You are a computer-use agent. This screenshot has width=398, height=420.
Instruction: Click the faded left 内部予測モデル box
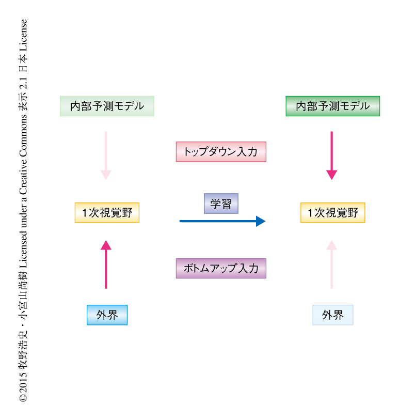click(107, 106)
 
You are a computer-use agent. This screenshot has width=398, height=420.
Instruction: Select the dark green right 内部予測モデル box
click(332, 106)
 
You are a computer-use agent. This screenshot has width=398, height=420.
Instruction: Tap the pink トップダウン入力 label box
click(220, 152)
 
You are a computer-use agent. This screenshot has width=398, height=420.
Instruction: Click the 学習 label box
click(220, 204)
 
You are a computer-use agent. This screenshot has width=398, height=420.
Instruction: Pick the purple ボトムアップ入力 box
click(220, 268)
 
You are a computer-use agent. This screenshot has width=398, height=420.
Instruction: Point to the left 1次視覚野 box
click(107, 212)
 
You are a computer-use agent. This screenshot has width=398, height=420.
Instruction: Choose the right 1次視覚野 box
click(332, 212)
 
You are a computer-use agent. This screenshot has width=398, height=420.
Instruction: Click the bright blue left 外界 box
click(107, 315)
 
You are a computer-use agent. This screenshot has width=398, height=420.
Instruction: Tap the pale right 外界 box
click(332, 315)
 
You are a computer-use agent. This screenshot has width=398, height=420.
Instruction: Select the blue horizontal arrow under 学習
click(222, 221)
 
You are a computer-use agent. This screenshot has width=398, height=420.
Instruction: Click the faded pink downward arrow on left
click(106, 155)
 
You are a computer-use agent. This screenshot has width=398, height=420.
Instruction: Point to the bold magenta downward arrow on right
click(331, 155)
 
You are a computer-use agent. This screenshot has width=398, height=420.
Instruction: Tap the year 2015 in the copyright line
click(23, 384)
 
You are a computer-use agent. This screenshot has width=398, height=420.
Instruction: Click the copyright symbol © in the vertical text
click(23, 399)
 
